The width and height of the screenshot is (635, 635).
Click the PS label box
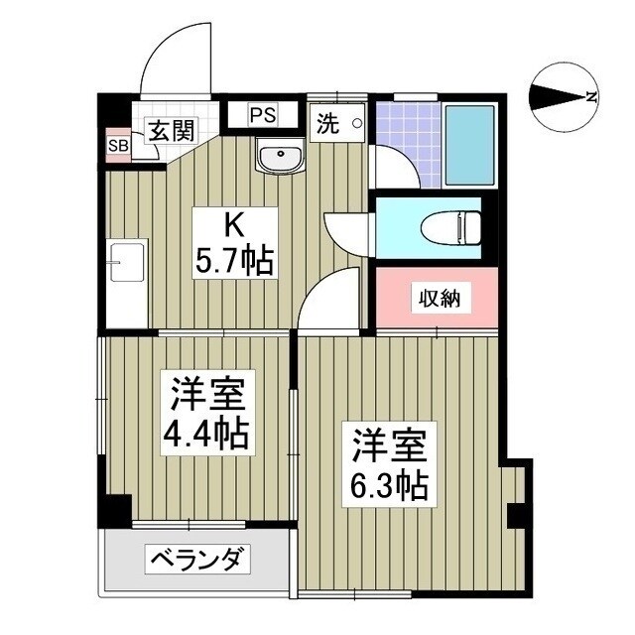(263, 114)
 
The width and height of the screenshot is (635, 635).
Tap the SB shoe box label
(118, 146)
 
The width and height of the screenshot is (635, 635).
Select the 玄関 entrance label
(171, 129)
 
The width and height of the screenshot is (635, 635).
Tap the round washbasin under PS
(281, 155)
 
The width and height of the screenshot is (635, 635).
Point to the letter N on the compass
(591, 97)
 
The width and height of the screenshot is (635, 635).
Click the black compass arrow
(557, 97)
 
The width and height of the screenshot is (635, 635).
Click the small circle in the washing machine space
(355, 124)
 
